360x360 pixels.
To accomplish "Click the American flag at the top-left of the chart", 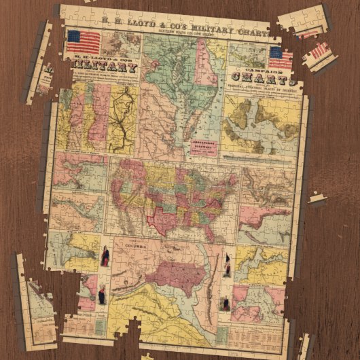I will pos(84,41).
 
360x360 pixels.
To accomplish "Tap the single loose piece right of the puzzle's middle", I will pos(316,199).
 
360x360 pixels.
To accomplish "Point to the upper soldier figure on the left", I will pos(105,257).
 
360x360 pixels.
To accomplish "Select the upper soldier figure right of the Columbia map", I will pos(227,266).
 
